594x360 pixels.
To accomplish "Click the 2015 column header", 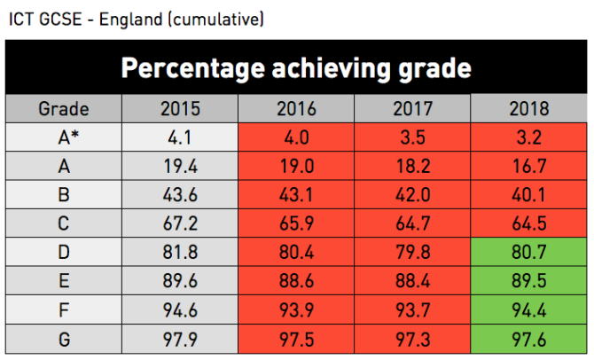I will pyautogui.click(x=180, y=110).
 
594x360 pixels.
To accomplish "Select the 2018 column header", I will pyautogui.click(x=529, y=110).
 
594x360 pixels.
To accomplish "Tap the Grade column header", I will pyautogui.click(x=64, y=110).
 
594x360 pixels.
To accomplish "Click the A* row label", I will pyautogui.click(x=64, y=138).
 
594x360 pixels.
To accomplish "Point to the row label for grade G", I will pyautogui.click(x=64, y=338).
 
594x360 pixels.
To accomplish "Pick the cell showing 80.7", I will pyautogui.click(x=529, y=252).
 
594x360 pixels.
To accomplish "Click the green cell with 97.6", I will pyautogui.click(x=529, y=338).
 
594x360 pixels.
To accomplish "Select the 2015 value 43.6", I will pyautogui.click(x=180, y=195).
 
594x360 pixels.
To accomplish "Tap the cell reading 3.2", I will pyautogui.click(x=529, y=138).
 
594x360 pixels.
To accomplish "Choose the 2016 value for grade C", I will pyautogui.click(x=296, y=223).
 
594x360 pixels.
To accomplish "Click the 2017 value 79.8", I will pyautogui.click(x=412, y=252).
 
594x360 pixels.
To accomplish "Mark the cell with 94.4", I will pyautogui.click(x=529, y=309).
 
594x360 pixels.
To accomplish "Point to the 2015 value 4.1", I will pyautogui.click(x=180, y=138).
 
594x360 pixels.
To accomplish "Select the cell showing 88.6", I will pyautogui.click(x=296, y=280).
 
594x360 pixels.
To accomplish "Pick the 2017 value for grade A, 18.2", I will pyautogui.click(x=412, y=167).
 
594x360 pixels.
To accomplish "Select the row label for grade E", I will pyautogui.click(x=64, y=280).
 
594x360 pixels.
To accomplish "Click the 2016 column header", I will pyautogui.click(x=296, y=110).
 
